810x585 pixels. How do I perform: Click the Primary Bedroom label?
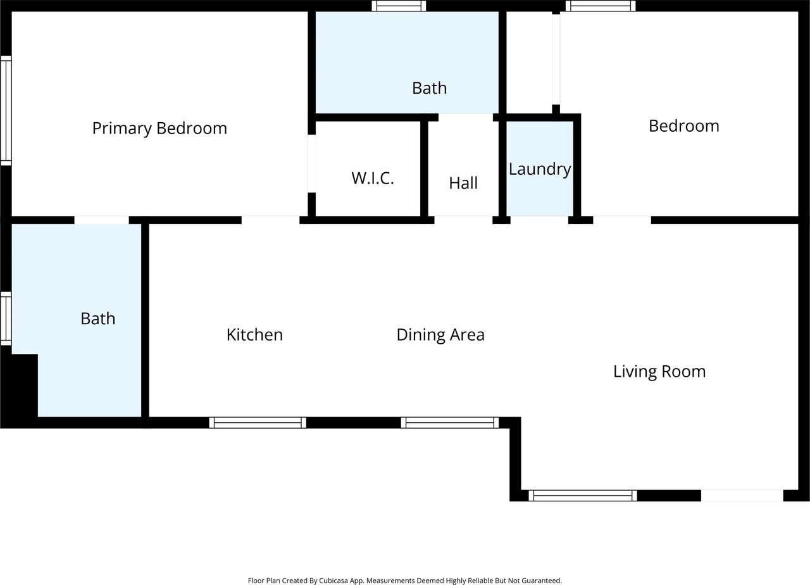tap(159, 129)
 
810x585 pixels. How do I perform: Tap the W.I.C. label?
tap(373, 178)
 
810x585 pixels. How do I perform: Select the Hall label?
tap(463, 183)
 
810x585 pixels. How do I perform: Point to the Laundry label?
tap(540, 170)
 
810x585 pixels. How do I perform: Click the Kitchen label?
tap(254, 335)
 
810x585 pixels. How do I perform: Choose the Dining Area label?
tap(440, 335)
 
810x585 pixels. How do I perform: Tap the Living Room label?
tap(659, 372)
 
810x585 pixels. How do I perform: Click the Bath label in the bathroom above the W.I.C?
tap(429, 88)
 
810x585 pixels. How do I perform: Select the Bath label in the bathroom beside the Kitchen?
tap(97, 318)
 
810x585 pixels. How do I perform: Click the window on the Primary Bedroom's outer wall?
tap(6, 111)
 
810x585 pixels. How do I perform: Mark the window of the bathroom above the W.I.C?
tap(399, 6)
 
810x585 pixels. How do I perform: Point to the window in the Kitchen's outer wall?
tap(258, 422)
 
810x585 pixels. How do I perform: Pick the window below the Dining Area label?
tap(449, 422)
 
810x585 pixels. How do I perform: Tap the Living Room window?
tap(583, 496)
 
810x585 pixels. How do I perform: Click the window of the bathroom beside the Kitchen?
tap(6, 318)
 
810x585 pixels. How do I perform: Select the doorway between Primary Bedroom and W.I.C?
tap(312, 163)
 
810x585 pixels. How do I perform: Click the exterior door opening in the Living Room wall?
tap(742, 496)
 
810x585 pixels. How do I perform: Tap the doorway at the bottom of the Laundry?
tap(539, 220)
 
